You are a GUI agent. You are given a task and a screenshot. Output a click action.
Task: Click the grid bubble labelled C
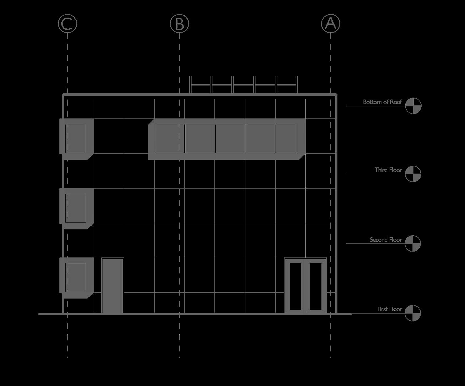[x=68, y=23]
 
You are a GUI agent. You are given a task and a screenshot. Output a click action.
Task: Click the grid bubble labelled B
[x=179, y=23]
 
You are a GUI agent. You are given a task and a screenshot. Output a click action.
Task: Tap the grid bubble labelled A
[x=331, y=23]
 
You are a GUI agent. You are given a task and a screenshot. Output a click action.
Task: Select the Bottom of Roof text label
[x=382, y=102]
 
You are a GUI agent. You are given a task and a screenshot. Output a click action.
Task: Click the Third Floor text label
[x=388, y=170]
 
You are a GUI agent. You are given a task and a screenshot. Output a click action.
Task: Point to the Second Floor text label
[x=386, y=240]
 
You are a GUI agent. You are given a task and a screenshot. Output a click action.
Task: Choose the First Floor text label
[x=390, y=309]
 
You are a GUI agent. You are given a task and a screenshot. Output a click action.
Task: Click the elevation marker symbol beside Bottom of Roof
[x=413, y=106]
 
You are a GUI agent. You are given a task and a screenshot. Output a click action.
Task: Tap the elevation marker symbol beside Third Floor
[x=413, y=174]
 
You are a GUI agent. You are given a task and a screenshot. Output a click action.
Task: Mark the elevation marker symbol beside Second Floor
[x=413, y=243]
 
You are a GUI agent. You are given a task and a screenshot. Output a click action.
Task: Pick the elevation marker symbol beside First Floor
[x=413, y=313]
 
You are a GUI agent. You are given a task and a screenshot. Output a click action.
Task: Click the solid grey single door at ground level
[x=113, y=286]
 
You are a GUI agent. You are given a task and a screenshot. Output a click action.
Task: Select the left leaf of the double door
[x=295, y=286]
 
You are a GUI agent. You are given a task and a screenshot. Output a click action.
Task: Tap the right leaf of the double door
[x=316, y=286]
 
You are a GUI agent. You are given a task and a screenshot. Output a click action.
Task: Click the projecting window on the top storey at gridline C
[x=76, y=138]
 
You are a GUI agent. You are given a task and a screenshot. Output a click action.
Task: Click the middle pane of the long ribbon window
[x=230, y=138]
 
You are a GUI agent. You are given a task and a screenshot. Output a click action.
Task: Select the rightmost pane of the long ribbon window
[x=286, y=138]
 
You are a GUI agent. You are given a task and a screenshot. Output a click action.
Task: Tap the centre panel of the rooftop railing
[x=244, y=85]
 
